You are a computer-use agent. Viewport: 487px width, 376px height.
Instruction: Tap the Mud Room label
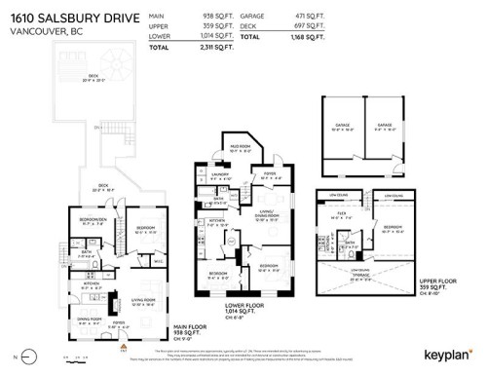pos(242,148)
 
